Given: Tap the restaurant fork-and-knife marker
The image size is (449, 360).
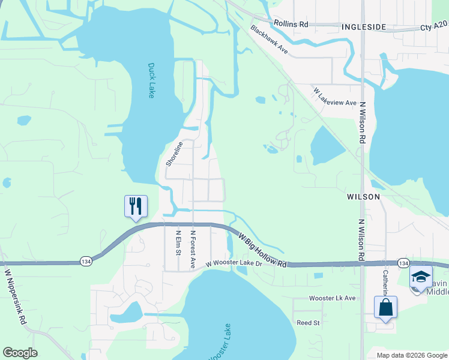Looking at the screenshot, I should click(x=136, y=206).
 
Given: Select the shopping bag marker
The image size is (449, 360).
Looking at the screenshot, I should click(x=385, y=307).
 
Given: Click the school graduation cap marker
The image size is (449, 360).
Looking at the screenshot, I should click(x=420, y=278).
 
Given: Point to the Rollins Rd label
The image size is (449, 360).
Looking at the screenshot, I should click(x=291, y=23).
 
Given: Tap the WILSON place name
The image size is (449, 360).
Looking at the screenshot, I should click(x=363, y=196).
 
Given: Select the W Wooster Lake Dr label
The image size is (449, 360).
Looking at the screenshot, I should click(x=235, y=263).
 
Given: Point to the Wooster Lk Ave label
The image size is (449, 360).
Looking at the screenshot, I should click(x=332, y=298).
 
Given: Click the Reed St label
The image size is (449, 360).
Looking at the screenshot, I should click(x=308, y=323).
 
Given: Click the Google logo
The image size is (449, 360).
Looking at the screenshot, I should click(x=20, y=353).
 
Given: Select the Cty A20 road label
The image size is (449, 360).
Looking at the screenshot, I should click(x=433, y=27).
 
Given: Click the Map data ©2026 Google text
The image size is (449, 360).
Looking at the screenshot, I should click(x=411, y=355).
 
